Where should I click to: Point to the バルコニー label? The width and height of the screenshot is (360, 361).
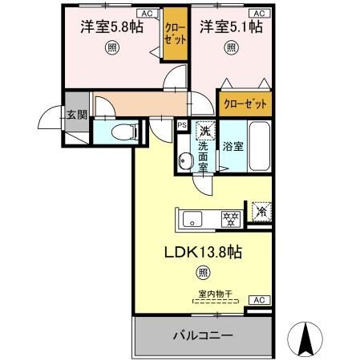[x=203, y=334]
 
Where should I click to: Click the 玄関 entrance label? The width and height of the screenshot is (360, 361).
[x=77, y=114]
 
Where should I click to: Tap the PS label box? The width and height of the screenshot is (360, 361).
[x=181, y=125]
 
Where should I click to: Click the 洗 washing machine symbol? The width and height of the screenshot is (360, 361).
[x=205, y=130]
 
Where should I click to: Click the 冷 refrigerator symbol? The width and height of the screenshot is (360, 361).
[x=261, y=211]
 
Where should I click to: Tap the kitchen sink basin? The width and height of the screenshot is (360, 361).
[x=193, y=217]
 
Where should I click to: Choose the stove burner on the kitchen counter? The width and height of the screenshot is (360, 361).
[x=231, y=217]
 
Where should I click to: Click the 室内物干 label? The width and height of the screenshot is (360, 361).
[x=215, y=294]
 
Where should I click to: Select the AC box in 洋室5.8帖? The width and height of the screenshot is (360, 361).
[x=148, y=14]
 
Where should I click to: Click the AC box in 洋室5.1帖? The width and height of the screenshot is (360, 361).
[x=258, y=14]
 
